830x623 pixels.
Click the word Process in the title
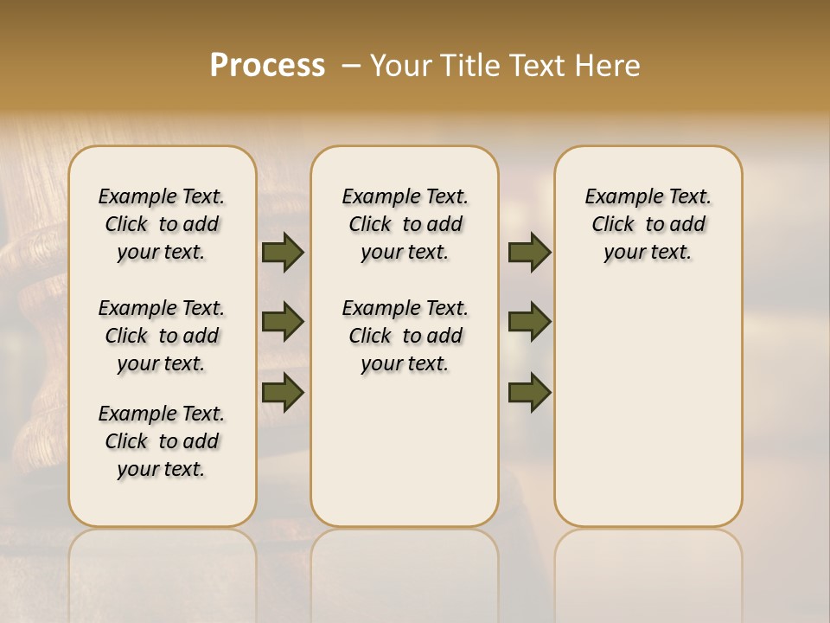point(267,66)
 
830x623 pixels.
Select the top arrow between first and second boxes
point(283,253)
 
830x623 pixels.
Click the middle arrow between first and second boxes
point(283,322)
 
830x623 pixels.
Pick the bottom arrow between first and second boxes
point(283,393)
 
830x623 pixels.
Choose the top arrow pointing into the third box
point(529,253)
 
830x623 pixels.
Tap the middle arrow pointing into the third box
point(529,322)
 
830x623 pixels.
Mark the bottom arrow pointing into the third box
point(529,393)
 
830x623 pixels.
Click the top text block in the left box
point(162,224)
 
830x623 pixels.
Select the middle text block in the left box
point(162,336)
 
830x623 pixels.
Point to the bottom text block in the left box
point(162,441)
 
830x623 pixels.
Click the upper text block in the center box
point(405,224)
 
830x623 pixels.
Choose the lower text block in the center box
point(405,336)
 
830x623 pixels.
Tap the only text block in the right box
point(648,224)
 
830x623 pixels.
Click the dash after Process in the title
point(351,66)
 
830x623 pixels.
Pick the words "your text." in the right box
point(648,253)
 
